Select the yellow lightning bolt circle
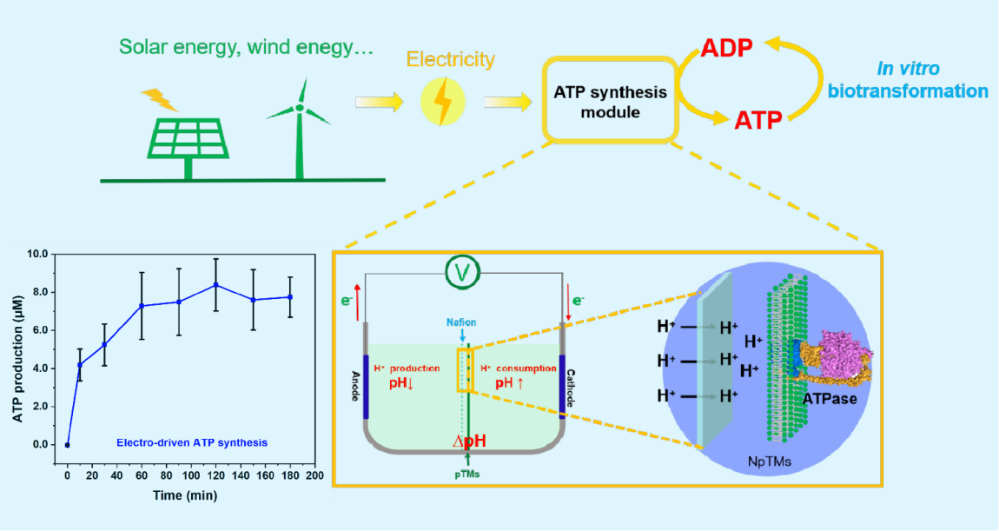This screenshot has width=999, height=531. (x=442, y=103)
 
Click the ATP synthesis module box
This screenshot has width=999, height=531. (x=611, y=102)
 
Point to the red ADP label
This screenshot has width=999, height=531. (x=726, y=50)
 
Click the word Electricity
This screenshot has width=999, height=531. (x=450, y=60)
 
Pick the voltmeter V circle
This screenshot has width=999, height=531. (x=464, y=275)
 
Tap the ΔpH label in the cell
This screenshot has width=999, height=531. (x=469, y=441)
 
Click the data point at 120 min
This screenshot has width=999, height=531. (x=216, y=285)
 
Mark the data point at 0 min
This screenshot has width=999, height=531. (x=67, y=444)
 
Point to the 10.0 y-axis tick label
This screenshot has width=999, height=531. (x=38, y=254)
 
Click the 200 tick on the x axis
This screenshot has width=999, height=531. (x=315, y=476)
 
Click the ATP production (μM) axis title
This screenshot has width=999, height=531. (x=17, y=351)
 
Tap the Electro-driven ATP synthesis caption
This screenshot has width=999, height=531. (x=192, y=442)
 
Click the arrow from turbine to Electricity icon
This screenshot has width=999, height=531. (x=380, y=103)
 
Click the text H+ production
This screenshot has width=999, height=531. (x=407, y=368)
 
